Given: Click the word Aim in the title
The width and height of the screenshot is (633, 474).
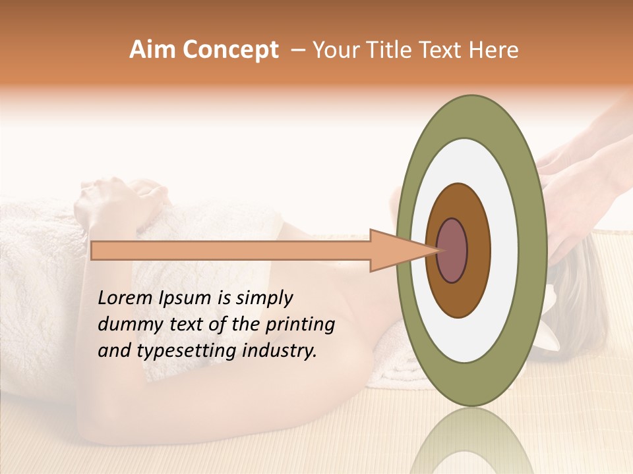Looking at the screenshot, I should point(152,50).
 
